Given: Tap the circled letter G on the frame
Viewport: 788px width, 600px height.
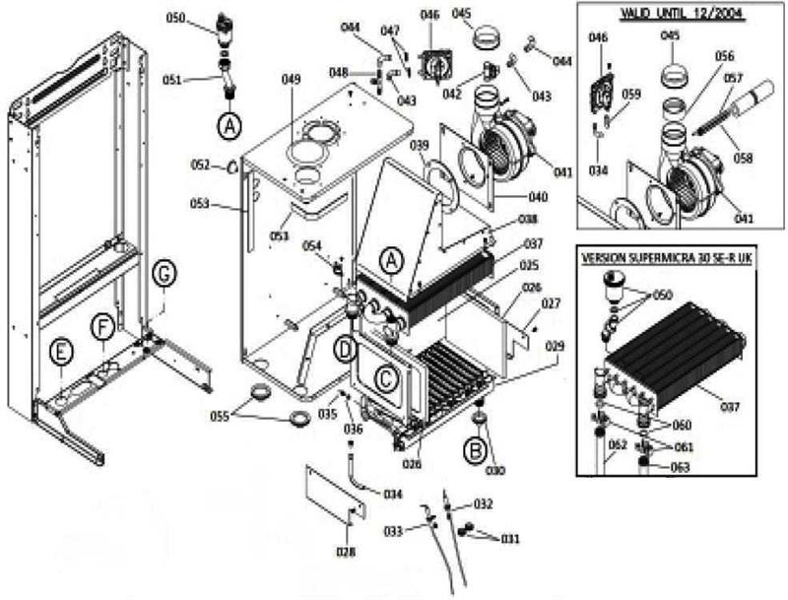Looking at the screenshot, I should click(164, 275).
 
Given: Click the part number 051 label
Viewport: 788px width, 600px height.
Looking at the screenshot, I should click(198, 81).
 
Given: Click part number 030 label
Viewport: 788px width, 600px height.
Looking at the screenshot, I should click(494, 470).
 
